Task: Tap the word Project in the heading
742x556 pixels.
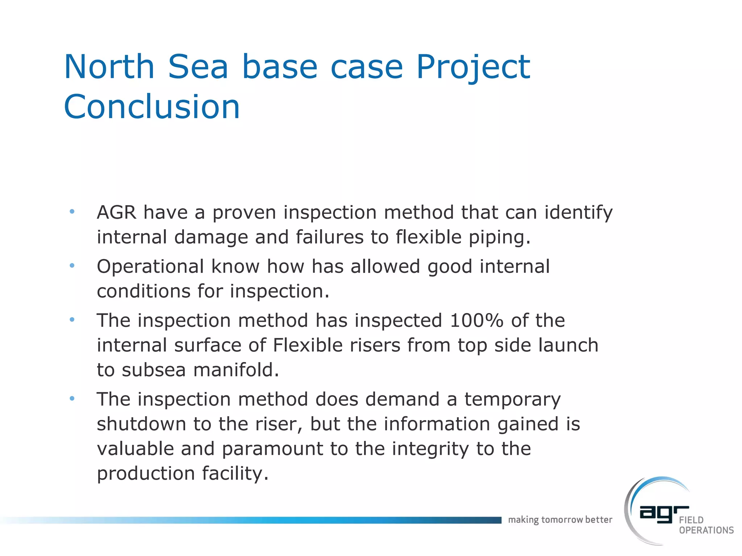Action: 473,67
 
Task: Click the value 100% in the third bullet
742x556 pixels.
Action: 476,320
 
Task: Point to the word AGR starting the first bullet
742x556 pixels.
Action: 116,212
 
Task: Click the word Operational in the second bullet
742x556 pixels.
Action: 150,267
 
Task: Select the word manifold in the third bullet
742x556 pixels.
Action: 236,370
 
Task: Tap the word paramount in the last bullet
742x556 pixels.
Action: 272,449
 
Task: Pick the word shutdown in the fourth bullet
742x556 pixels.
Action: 141,424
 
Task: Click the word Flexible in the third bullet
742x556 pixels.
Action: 308,345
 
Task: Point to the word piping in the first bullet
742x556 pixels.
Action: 499,237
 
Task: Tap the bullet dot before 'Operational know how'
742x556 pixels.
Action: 72,266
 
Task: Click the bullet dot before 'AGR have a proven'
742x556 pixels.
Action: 72,211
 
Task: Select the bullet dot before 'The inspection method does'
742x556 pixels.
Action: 72,399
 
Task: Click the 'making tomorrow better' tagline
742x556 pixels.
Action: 560,520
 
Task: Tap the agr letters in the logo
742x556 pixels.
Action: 663,514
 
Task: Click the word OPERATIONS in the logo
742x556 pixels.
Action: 706,530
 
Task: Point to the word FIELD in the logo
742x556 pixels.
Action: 691,520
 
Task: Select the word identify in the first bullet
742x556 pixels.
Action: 578,212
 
